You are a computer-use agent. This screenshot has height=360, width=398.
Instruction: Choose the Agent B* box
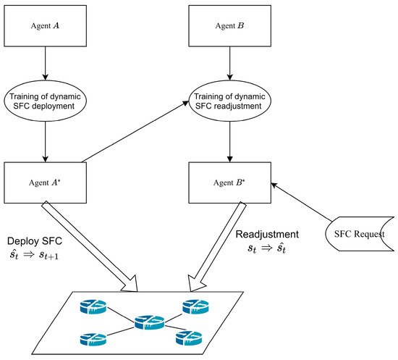[229, 182]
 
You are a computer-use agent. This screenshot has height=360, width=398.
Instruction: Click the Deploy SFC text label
[38, 240]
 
